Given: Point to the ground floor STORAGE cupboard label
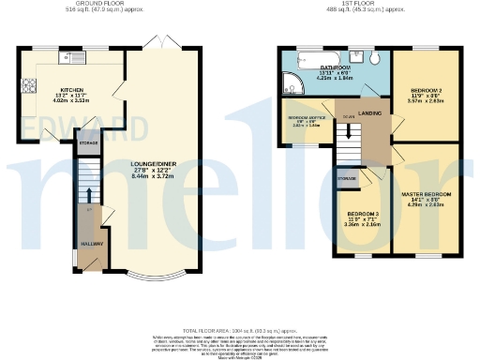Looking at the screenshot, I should (x=88, y=142).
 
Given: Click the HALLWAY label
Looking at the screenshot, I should (x=92, y=244).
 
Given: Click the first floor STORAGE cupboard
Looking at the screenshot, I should (x=347, y=176).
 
